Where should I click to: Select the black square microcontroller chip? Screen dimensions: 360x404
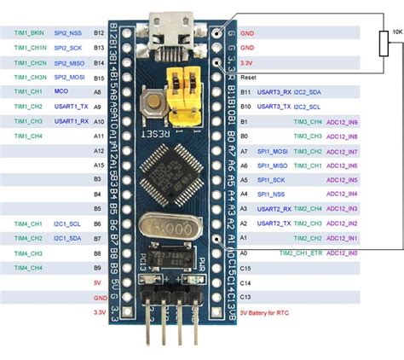point(183,165)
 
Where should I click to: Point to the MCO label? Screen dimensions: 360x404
point(61,91)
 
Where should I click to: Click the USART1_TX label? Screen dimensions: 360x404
point(71,107)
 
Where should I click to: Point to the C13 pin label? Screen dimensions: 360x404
point(246,298)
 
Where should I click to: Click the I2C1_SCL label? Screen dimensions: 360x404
point(69,224)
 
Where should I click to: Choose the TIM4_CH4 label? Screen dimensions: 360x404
point(27,269)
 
